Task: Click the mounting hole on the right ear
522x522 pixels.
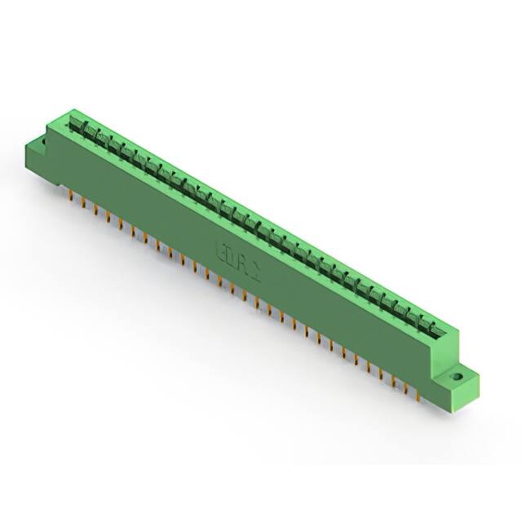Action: click(458, 378)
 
